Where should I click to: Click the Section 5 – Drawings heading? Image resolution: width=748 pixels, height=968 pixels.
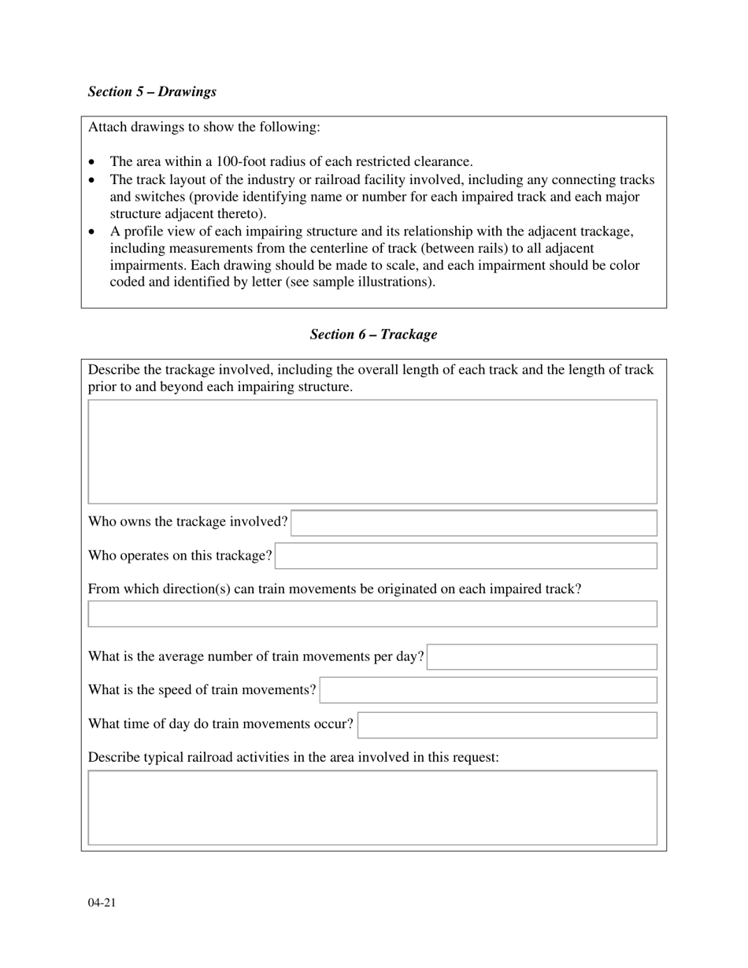tap(152, 91)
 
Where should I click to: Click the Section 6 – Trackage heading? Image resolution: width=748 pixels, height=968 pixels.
tap(373, 334)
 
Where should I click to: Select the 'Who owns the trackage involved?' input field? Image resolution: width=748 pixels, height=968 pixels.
tap(473, 523)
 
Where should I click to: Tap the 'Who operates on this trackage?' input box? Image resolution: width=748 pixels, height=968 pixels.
tap(466, 556)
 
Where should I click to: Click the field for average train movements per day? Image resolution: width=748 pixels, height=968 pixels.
tap(542, 656)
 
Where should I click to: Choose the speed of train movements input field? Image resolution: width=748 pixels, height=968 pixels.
tap(488, 690)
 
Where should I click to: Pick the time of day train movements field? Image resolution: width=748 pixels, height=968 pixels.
tap(507, 725)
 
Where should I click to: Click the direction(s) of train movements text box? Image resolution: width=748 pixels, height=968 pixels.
tap(372, 614)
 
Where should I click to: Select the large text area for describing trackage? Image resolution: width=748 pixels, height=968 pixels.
tap(372, 451)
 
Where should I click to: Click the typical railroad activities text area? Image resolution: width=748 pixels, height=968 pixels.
tap(372, 807)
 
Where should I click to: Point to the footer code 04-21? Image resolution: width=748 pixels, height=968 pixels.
tap(102, 903)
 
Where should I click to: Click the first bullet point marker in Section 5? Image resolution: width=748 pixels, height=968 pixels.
tap(92, 162)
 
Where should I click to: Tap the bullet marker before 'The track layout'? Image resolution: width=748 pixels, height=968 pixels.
tap(92, 180)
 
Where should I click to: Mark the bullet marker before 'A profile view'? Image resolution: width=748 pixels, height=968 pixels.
tap(92, 232)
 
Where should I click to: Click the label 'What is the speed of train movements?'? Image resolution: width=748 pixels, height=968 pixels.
tap(202, 690)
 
